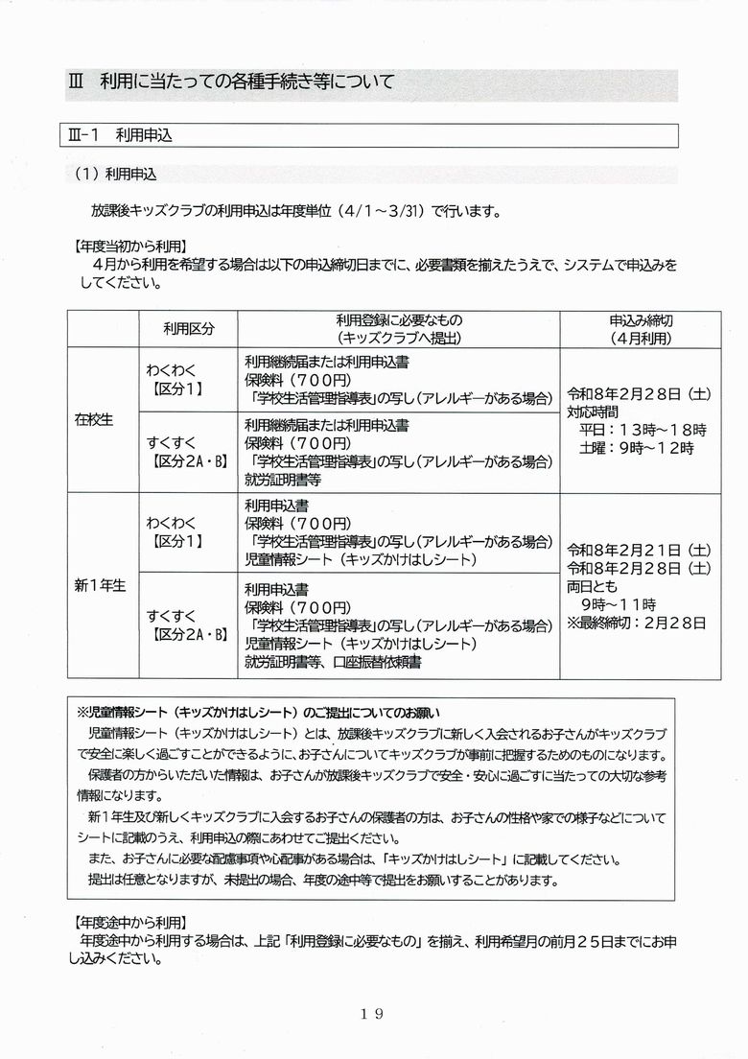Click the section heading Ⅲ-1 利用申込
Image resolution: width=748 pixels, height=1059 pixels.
[x=124, y=135]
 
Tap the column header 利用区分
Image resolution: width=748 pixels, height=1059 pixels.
[x=189, y=328]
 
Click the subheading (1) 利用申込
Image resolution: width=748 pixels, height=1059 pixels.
[x=115, y=175]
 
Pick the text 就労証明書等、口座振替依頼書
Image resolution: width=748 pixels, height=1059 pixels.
[x=333, y=661]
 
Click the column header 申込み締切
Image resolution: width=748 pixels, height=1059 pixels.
[x=641, y=319]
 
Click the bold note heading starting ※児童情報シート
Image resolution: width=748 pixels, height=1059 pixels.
[x=257, y=712]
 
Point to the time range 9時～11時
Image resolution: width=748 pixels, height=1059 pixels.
[x=624, y=603]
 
